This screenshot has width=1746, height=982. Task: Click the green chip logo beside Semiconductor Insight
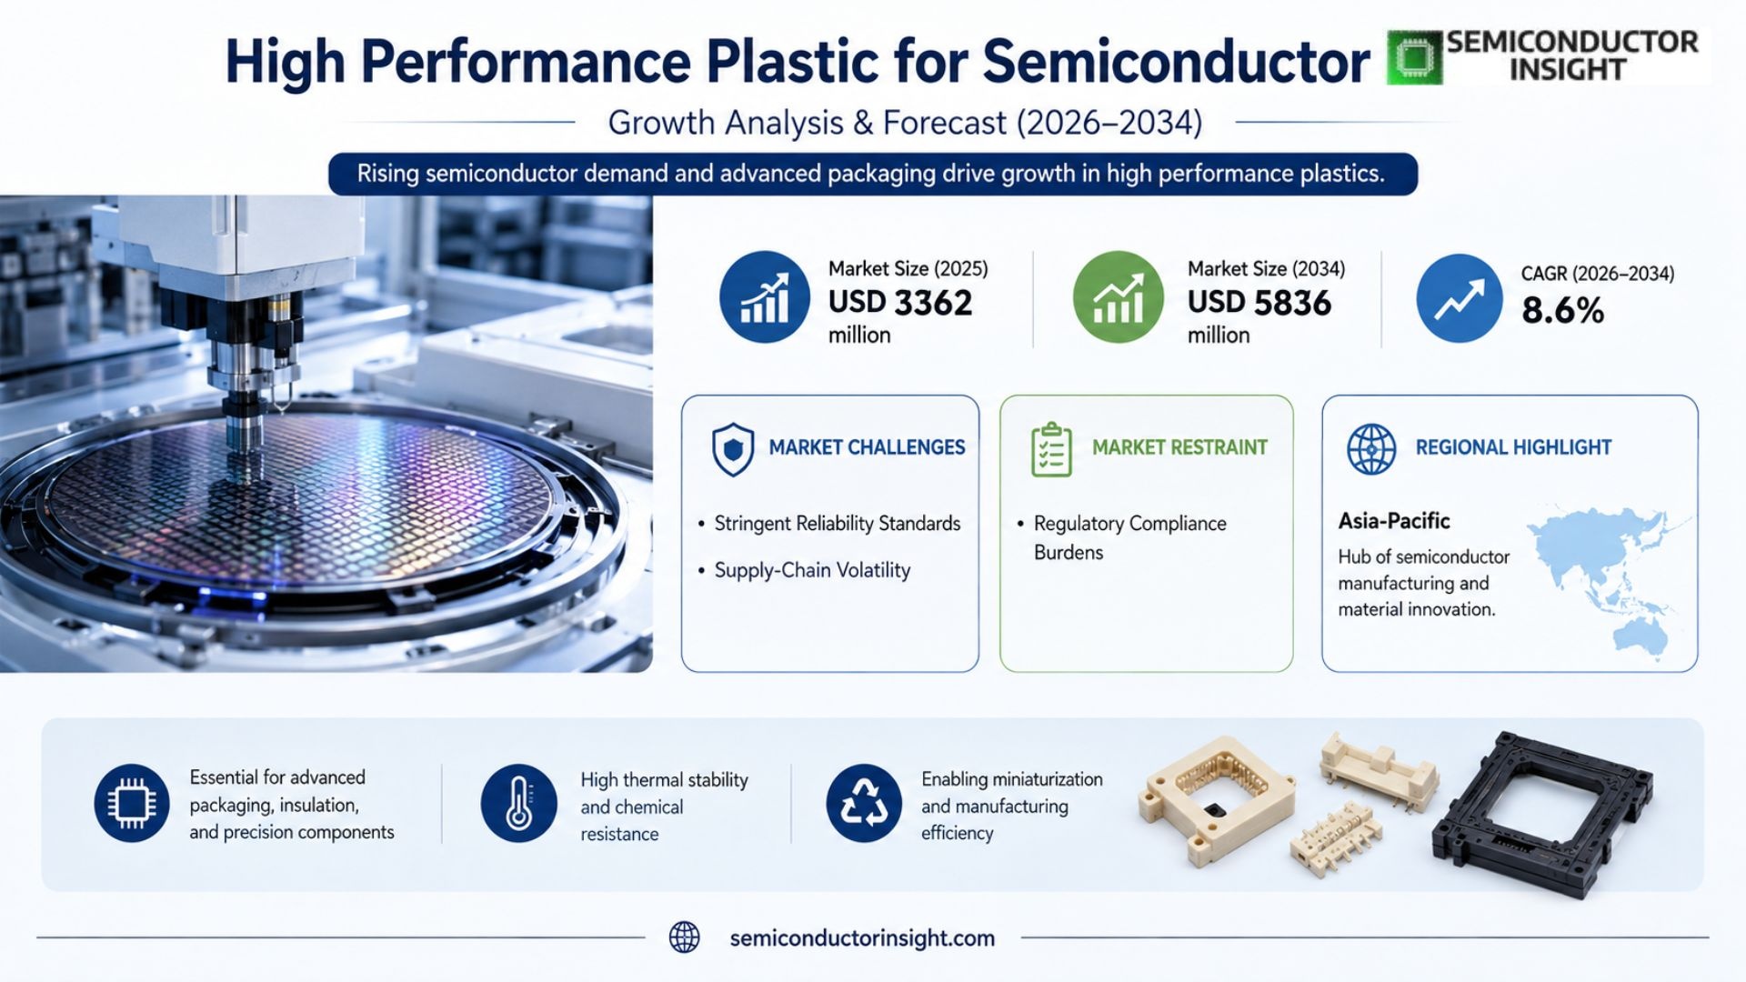point(1415,57)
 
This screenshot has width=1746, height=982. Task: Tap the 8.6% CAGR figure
point(1562,311)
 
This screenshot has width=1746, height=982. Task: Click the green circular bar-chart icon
point(1118,297)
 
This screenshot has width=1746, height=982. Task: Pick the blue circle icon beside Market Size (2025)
point(764,297)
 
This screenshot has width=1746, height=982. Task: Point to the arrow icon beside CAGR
point(1459,298)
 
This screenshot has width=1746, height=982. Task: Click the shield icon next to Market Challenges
point(732,449)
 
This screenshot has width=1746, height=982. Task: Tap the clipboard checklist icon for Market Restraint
point(1051,449)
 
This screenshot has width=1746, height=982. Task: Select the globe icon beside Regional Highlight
point(1371,449)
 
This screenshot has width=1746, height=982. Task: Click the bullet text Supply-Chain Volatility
point(812,570)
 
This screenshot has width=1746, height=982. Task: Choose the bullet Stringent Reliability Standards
point(838,524)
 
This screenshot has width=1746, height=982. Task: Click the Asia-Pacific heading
point(1393,521)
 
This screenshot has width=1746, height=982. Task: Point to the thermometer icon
point(518,803)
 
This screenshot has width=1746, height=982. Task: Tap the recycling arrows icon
point(863,803)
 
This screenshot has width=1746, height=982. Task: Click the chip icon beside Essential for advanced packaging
point(132,803)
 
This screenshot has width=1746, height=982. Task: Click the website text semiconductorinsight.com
point(862,938)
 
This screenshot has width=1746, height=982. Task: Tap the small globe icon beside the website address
point(684,937)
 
